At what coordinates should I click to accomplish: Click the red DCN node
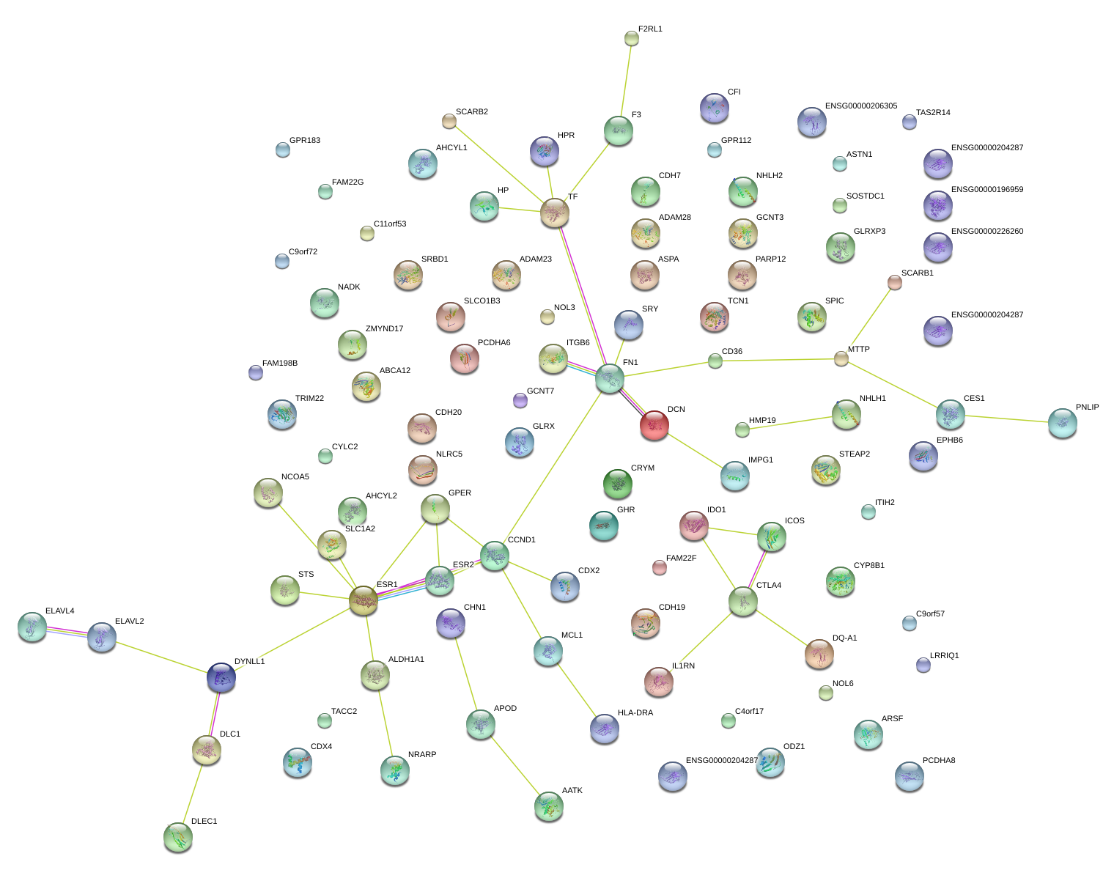click(654, 425)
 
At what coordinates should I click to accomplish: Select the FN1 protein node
click(610, 378)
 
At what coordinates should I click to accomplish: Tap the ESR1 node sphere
click(364, 601)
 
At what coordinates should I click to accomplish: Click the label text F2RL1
click(650, 29)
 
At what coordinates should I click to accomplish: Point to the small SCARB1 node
click(894, 282)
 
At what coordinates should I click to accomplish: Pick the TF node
click(555, 213)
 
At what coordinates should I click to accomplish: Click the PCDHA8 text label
click(939, 761)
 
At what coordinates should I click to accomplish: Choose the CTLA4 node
click(743, 601)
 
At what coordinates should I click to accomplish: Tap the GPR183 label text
click(304, 141)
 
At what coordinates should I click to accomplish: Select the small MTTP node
click(841, 358)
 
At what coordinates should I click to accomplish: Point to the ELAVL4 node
click(32, 627)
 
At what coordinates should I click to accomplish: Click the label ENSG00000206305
click(860, 106)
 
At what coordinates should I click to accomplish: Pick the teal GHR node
click(603, 525)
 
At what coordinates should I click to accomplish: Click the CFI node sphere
click(714, 108)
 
